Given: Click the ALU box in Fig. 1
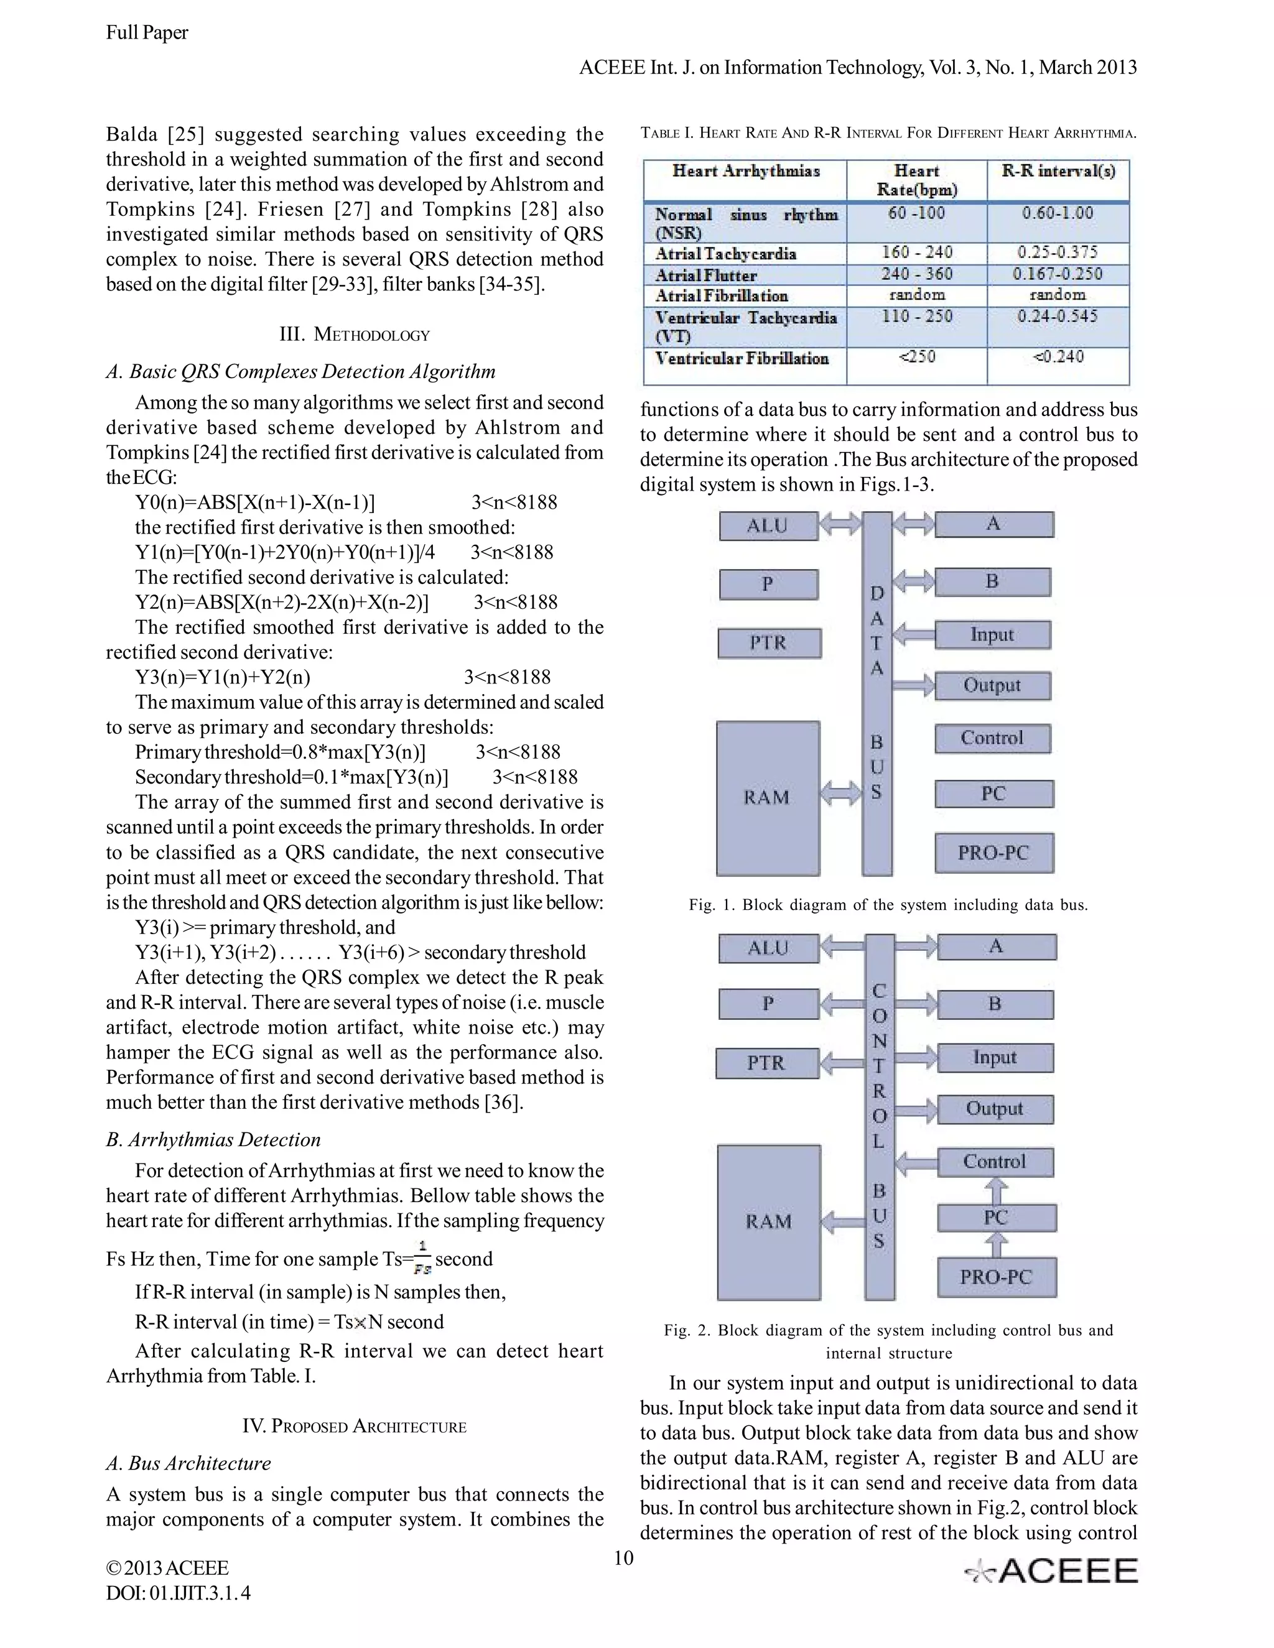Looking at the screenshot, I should pyautogui.click(x=768, y=526).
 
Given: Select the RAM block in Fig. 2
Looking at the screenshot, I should pyautogui.click(x=768, y=1221).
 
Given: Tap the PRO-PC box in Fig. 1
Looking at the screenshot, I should pyautogui.click(x=993, y=853).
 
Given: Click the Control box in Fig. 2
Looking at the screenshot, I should pyautogui.click(x=995, y=1162).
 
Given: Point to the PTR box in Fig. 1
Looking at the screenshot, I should pyautogui.click(x=768, y=643).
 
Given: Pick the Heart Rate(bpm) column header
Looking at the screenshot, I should pyautogui.click(x=916, y=180).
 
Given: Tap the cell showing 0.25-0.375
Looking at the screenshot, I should pyautogui.click(x=1058, y=252).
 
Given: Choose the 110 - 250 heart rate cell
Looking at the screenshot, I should pyautogui.click(x=916, y=317).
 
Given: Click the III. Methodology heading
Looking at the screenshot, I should pyautogui.click(x=354, y=335).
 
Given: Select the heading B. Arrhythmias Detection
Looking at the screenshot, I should pyautogui.click(x=213, y=1139).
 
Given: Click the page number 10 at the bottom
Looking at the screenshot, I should pyautogui.click(x=623, y=1558).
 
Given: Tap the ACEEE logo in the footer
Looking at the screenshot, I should pyautogui.click(x=1051, y=1572).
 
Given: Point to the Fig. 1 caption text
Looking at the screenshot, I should pyautogui.click(x=888, y=905).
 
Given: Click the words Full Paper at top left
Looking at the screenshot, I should pyautogui.click(x=147, y=32).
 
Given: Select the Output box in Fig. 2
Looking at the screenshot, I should pyautogui.click(x=995, y=1109).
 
